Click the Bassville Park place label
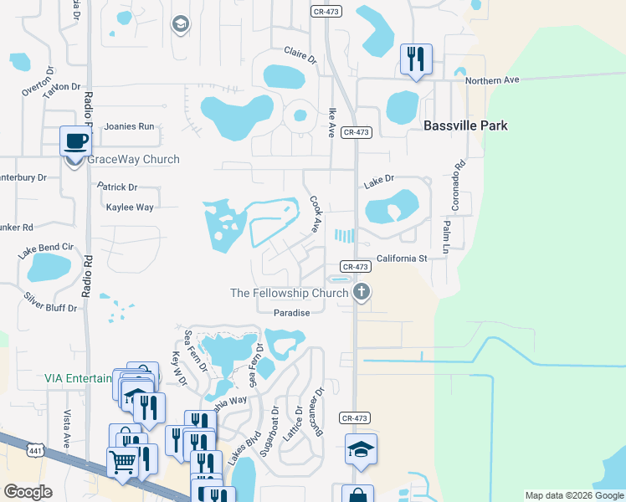465,126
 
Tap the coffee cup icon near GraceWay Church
75,141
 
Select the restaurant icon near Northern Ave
416,59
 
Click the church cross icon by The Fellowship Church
362,292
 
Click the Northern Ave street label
493,80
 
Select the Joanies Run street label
129,126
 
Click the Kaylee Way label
130,207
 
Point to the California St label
402,259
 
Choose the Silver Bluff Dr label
50,302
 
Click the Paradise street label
292,313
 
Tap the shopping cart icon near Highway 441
122,459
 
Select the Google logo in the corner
28,492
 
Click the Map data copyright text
573,495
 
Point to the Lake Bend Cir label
45,248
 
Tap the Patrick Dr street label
117,187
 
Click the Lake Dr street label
378,180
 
